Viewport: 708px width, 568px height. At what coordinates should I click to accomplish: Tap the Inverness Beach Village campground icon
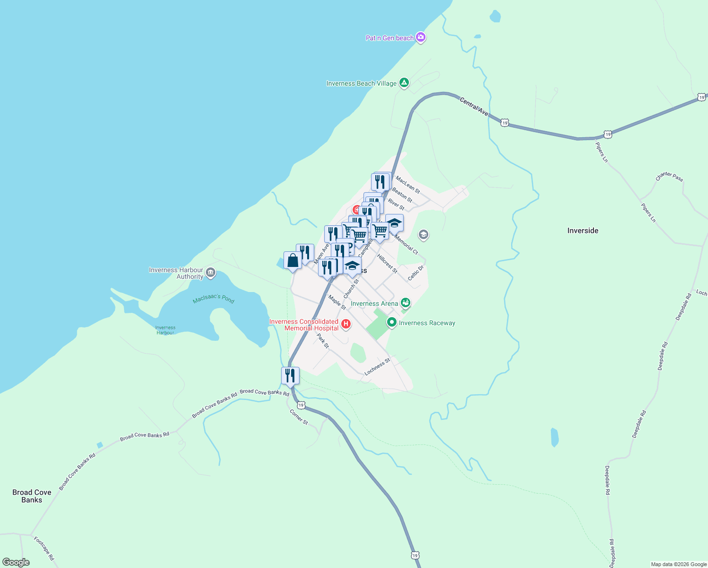coord(404,83)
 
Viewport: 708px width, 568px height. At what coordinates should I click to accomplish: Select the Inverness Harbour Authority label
coord(176,274)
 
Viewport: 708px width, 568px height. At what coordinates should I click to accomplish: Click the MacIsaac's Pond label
coord(213,299)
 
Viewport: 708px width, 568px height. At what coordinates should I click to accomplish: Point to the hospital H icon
coord(346,324)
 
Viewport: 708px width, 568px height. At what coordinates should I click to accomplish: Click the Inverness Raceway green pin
coord(391,322)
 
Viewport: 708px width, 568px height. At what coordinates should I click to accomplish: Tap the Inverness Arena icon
coord(405,303)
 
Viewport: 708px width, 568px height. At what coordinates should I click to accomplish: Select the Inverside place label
coord(583,231)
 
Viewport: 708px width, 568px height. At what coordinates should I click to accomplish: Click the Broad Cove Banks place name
coord(32,496)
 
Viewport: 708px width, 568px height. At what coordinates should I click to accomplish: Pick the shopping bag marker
coord(292,261)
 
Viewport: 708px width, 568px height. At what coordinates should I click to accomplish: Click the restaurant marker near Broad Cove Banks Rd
coord(290,376)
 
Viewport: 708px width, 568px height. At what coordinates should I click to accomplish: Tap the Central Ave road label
coord(474,106)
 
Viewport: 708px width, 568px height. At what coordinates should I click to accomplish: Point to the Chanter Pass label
coord(669,176)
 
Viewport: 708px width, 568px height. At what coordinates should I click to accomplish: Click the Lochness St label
coord(377,367)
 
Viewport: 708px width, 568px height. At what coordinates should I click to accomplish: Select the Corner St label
coord(299,417)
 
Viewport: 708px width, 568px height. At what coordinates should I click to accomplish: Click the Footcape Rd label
coord(44,548)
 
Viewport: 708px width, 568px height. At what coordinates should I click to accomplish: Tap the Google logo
coord(16,562)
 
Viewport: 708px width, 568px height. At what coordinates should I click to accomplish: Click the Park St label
coord(323,341)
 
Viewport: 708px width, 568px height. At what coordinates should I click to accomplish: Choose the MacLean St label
coord(407,185)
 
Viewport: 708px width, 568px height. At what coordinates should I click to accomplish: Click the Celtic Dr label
coord(416,273)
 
